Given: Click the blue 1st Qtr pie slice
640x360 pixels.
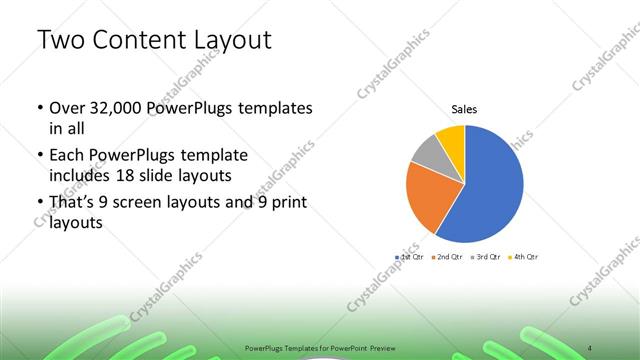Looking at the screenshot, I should pyautogui.click(x=490, y=190).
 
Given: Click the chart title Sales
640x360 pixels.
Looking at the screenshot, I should pyautogui.click(x=464, y=108).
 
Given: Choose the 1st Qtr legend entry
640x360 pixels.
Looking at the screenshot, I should pyautogui.click(x=411, y=257).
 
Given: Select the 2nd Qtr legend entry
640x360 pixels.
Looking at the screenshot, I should pyautogui.click(x=448, y=257).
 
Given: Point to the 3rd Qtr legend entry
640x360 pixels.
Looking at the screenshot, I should pyautogui.click(x=486, y=257).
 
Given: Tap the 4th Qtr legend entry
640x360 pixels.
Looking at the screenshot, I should pyautogui.click(x=524, y=257).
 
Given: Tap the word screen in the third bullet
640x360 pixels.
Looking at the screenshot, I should pyautogui.click(x=145, y=206).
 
